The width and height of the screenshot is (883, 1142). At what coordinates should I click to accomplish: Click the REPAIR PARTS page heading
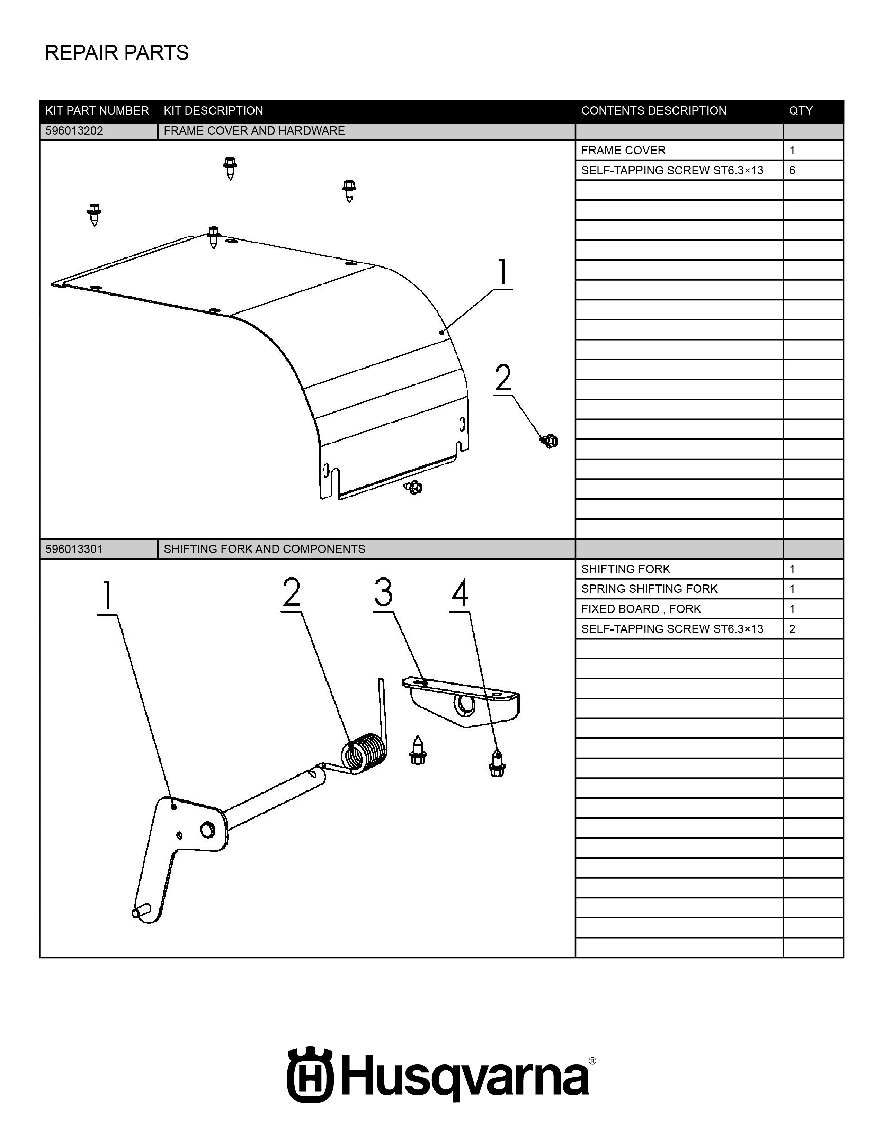coord(117,53)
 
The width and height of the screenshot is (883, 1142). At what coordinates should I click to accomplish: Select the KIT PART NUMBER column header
coord(97,111)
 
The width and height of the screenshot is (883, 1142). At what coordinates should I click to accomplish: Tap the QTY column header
coord(801,111)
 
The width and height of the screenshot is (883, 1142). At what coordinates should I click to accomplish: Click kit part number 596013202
coord(74,131)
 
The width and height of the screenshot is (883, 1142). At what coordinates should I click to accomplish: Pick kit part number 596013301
coord(74,549)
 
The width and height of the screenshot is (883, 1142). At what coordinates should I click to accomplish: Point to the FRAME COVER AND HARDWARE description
coord(254,131)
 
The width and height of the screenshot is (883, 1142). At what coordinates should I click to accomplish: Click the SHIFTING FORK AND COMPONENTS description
coord(264,549)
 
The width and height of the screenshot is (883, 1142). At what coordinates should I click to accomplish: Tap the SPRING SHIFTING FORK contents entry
coord(649,589)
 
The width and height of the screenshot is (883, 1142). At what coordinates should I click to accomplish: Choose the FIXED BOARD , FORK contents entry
coord(641,609)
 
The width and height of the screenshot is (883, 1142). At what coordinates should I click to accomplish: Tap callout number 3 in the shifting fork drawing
coord(383,592)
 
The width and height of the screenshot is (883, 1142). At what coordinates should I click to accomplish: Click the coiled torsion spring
coord(365,753)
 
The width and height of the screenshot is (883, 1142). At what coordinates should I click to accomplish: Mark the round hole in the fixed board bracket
coord(464,705)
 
